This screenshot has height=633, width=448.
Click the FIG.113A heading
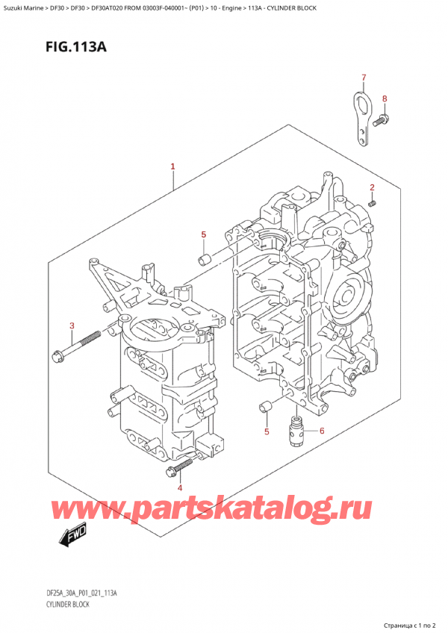(76, 47)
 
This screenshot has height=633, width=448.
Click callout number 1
(172, 166)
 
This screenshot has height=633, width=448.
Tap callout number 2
(372, 187)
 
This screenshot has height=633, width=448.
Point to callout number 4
(180, 488)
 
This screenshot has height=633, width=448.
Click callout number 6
(322, 431)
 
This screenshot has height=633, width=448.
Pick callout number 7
(364, 78)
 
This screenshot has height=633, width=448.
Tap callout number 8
(385, 99)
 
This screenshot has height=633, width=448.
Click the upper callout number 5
(204, 234)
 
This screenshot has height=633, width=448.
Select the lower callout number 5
(267, 432)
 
